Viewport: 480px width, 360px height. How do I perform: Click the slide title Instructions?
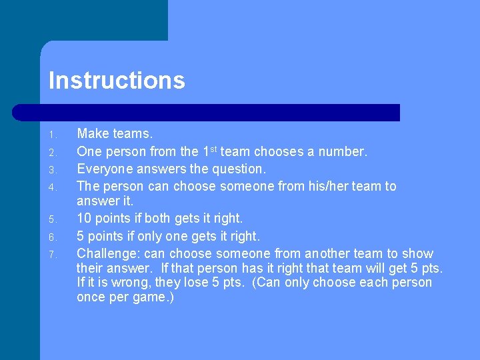pyautogui.click(x=117, y=81)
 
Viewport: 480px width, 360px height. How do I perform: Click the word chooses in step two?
pyautogui.click(x=275, y=151)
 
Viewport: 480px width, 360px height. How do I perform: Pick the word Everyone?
pyautogui.click(x=106, y=169)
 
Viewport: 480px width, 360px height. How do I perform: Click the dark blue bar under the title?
pyautogui.click(x=207, y=112)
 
